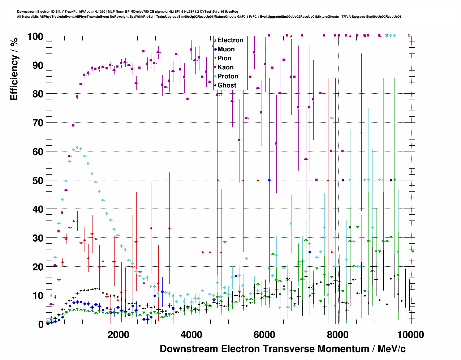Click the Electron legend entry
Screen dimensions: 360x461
point(230,40)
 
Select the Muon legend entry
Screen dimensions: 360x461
point(226,49)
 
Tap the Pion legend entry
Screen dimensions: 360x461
point(224,58)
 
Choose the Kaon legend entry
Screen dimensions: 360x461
point(225,67)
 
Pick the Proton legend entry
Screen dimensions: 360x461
point(228,76)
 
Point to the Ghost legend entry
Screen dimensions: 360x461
point(227,85)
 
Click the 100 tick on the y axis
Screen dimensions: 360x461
point(35,37)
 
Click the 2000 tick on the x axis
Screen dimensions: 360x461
point(118,335)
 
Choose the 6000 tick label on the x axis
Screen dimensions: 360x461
point(265,335)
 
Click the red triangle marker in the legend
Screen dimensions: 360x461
point(215,40)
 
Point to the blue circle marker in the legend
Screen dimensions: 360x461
point(215,49)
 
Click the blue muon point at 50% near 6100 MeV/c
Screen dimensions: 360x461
point(269,180)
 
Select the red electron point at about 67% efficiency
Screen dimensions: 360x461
point(361,132)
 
